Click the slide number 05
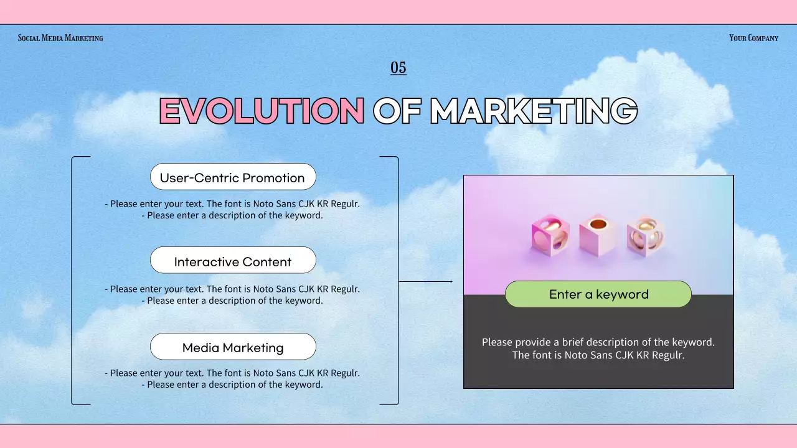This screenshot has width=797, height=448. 398,68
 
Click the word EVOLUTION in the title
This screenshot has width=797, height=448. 262,111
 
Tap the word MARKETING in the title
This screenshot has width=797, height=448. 534,111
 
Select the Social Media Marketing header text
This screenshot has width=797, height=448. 60,38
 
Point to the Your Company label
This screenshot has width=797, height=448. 753,38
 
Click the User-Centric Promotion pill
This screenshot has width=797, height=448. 233,177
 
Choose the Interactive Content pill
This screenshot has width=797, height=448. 233,261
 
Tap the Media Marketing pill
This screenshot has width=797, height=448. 233,347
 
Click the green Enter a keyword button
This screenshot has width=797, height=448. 598,294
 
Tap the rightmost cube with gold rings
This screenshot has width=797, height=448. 645,236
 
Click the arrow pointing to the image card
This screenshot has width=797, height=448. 426,281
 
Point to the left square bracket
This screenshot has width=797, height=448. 73,280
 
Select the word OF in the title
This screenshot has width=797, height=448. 396,111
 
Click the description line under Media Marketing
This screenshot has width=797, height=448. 232,379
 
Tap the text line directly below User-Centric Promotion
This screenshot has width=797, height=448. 232,203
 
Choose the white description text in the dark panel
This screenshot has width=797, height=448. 598,348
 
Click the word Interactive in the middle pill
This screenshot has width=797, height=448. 203,262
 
